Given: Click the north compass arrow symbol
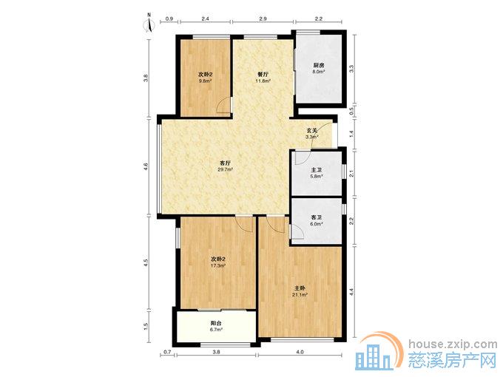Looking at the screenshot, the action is pyautogui.click(x=149, y=24).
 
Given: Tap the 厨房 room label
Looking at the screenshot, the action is pyautogui.click(x=319, y=65).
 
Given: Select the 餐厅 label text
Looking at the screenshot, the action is pyautogui.click(x=263, y=74).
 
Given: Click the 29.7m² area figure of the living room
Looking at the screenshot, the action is pyautogui.click(x=225, y=169).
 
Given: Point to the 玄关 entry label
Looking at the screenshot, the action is pyautogui.click(x=312, y=131).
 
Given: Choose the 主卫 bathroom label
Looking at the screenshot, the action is pyautogui.click(x=317, y=170).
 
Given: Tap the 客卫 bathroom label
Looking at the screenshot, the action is pyautogui.click(x=317, y=217).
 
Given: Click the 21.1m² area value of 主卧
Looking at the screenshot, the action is pyautogui.click(x=300, y=295).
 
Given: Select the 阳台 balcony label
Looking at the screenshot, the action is pyautogui.click(x=216, y=323).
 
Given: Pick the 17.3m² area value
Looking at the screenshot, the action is pyautogui.click(x=218, y=266).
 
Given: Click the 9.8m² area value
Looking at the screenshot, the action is pyautogui.click(x=206, y=81).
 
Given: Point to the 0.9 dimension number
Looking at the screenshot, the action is pyautogui.click(x=169, y=19).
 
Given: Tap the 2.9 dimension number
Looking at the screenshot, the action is pyautogui.click(x=263, y=19).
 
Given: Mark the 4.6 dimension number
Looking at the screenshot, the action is pyautogui.click(x=146, y=167).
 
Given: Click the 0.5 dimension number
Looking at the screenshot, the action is pyautogui.click(x=351, y=111).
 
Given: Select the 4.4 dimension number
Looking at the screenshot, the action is pyautogui.click(x=351, y=292).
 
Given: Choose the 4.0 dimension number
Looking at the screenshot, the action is pyautogui.click(x=300, y=352).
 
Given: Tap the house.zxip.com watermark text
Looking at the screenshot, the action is pyautogui.click(x=453, y=344).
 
